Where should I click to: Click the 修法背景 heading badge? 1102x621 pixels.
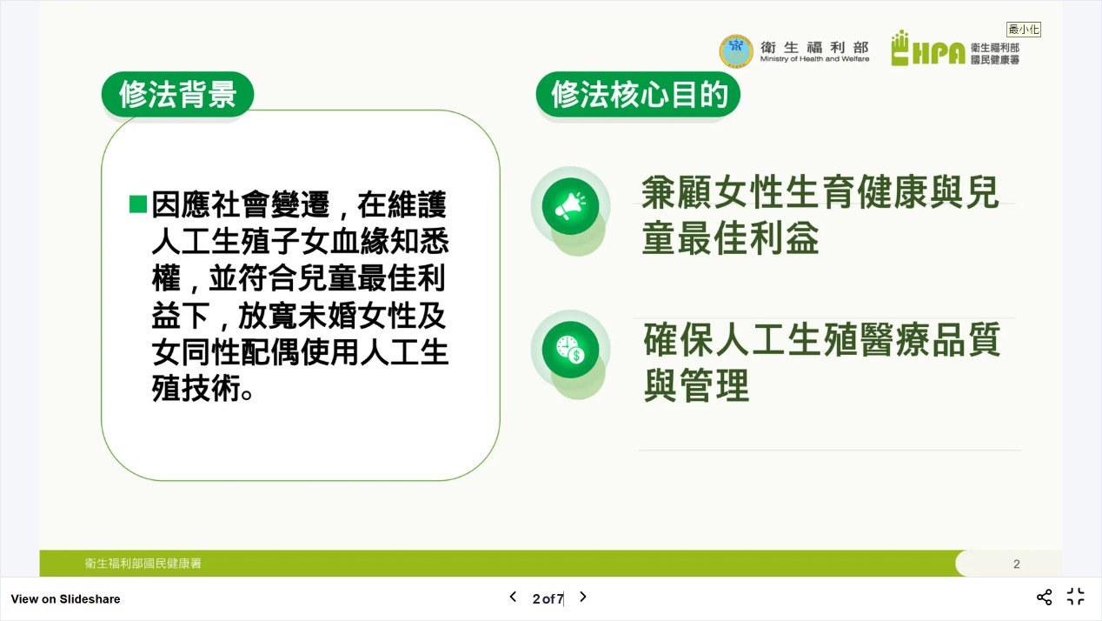pos(177,94)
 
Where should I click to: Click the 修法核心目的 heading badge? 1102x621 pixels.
pos(638,94)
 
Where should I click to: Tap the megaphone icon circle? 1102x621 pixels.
pos(570,206)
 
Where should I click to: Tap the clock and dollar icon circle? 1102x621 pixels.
pos(570,350)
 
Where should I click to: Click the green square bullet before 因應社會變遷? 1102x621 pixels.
pos(138,204)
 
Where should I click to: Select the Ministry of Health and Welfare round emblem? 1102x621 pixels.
pos(736,50)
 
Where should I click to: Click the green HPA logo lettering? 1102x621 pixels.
pos(928,48)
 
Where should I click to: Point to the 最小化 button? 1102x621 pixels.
pos(1023,30)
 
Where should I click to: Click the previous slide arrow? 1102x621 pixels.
pos(513,597)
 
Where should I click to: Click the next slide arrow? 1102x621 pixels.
pos(583,597)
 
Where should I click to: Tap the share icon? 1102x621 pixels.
pos(1044,598)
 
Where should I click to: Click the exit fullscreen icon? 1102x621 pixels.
pos(1075,597)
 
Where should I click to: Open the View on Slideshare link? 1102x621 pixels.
pos(65,599)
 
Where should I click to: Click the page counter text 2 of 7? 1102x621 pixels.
pos(548,599)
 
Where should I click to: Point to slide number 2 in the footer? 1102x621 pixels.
pos(1017,564)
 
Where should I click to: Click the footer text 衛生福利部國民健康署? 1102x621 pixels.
pos(143,564)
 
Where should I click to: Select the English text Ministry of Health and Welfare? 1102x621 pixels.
pos(814,59)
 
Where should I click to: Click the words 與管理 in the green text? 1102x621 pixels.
pos(696,385)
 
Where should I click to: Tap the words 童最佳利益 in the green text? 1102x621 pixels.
pos(731,237)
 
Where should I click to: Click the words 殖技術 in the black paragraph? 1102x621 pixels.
pos(196,388)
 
